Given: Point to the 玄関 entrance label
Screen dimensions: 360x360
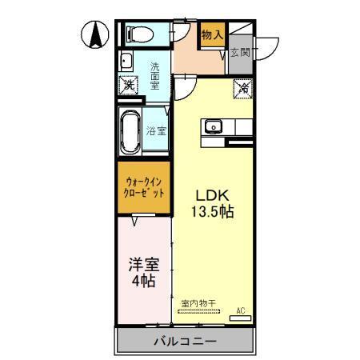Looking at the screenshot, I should [x=239, y=53].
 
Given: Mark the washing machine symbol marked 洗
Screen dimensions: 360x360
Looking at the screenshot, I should [x=128, y=86].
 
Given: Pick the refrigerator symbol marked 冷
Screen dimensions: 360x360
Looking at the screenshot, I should [x=242, y=88].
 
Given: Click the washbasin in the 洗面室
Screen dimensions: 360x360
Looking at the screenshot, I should [x=126, y=63].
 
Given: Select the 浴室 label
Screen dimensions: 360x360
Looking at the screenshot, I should [x=156, y=130].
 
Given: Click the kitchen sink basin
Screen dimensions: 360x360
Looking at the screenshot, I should [x=213, y=126].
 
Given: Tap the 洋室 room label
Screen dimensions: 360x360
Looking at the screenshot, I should [x=141, y=264].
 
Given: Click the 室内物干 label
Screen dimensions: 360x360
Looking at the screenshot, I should [x=197, y=302].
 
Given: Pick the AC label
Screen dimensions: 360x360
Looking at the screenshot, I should [x=239, y=310].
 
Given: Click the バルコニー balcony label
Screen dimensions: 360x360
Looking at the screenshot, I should [x=185, y=342].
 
